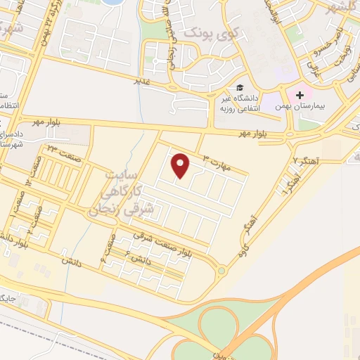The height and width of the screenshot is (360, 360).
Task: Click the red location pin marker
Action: (182, 165)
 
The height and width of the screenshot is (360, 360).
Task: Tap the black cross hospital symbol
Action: (300, 94)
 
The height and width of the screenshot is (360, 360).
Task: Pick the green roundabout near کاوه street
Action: (221, 271)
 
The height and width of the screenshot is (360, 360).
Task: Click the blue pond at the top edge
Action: (111, 2)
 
